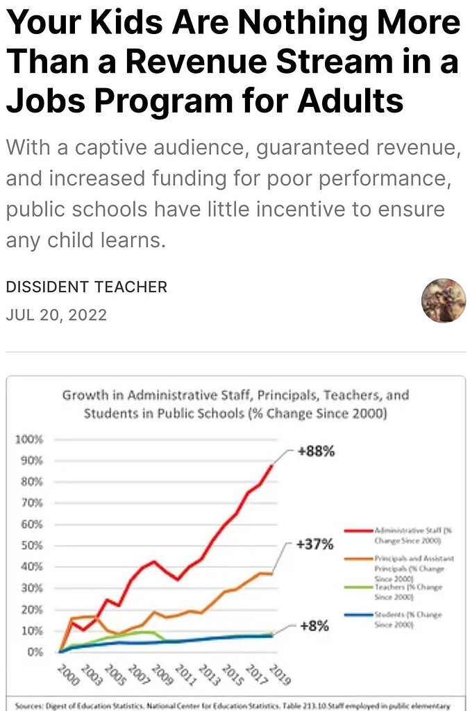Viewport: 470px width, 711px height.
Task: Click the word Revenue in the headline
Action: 192,62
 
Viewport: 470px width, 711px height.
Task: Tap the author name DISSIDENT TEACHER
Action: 87,287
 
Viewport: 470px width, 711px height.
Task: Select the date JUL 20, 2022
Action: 56,315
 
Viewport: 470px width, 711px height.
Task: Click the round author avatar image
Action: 444,301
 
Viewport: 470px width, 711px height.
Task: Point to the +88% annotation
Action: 316,451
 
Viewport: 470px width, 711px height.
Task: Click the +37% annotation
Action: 314,544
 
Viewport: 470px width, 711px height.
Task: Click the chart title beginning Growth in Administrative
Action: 235,404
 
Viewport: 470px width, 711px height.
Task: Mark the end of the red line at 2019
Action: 271,466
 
